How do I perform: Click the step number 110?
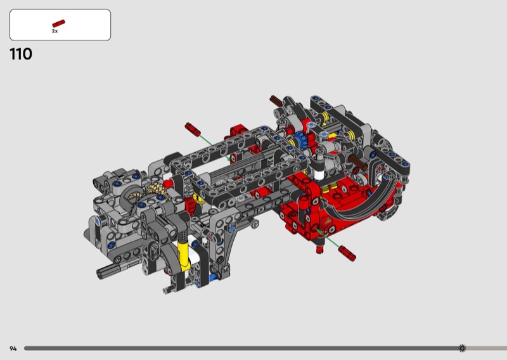coord(21,54)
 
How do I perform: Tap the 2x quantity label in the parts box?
coord(55,31)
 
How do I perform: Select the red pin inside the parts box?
coord(58,23)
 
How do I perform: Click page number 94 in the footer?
coord(13,349)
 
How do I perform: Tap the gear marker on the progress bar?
coord(463,348)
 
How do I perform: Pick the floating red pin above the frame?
coord(193,129)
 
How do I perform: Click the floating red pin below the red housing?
coord(347,253)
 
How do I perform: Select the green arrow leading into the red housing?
coord(328,239)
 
